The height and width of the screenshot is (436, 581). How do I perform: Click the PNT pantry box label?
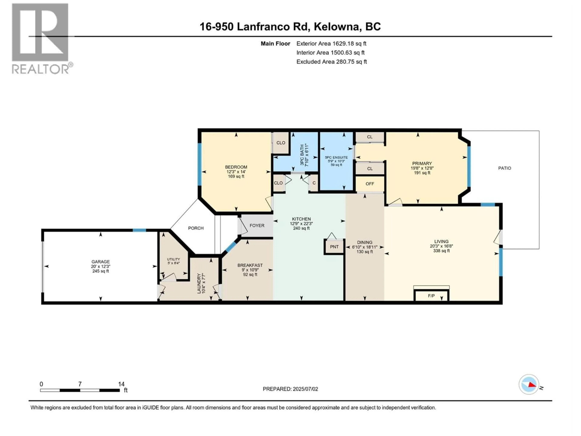(x=334, y=247)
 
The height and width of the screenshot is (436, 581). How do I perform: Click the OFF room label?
(x=370, y=184)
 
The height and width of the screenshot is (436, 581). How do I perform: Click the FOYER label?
(x=257, y=225)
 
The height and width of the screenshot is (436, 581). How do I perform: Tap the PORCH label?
(x=196, y=228)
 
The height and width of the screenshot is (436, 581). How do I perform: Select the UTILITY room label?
(x=173, y=259)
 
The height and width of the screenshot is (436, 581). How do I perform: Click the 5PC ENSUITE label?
(x=336, y=157)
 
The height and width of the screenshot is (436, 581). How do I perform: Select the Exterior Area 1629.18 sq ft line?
(x=331, y=44)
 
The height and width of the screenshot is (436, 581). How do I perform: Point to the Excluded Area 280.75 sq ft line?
(x=332, y=62)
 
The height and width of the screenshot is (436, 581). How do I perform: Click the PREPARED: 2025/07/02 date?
(x=290, y=389)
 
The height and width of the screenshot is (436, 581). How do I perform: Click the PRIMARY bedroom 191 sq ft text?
(x=422, y=173)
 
